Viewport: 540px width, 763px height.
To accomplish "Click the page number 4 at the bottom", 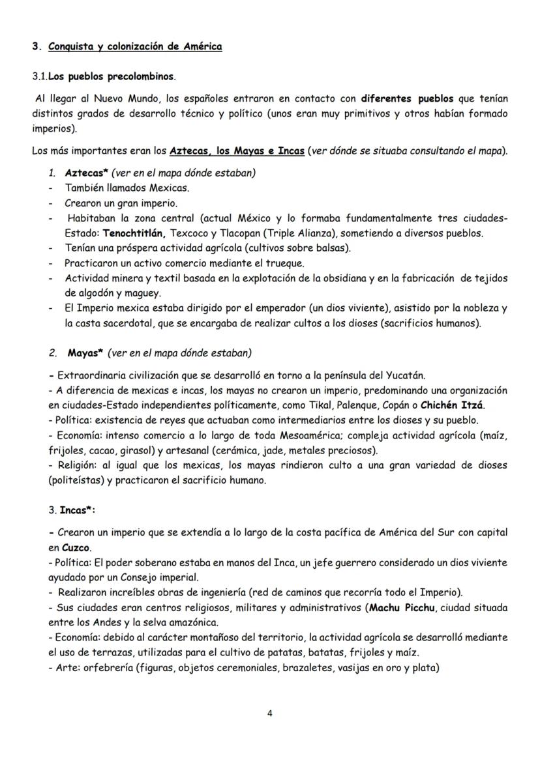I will [270, 712].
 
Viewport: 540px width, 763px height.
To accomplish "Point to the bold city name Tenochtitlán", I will [125, 233].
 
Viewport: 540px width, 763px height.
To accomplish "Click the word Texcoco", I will [188, 233].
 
